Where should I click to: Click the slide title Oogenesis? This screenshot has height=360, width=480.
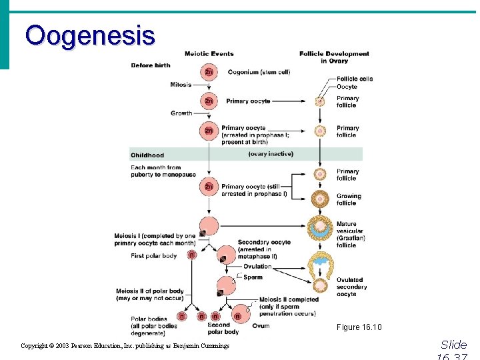pyautogui.click(x=90, y=35)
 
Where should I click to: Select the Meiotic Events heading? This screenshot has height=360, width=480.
pyautogui.click(x=209, y=53)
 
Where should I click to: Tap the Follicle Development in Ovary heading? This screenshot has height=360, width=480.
pyautogui.click(x=334, y=57)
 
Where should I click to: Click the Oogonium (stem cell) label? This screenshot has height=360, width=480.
pyautogui.click(x=259, y=72)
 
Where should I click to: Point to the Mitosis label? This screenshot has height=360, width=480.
pyautogui.click(x=181, y=85)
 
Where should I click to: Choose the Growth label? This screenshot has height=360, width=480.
pyautogui.click(x=181, y=113)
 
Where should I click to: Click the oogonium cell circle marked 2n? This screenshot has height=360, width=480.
pyautogui.click(x=209, y=72)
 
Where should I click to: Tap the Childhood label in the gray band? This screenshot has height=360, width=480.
pyautogui.click(x=147, y=155)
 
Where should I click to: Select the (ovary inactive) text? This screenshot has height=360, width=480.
pyautogui.click(x=271, y=154)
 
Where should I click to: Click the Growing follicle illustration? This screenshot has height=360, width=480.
pyautogui.click(x=321, y=199)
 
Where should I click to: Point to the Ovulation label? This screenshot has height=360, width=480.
pyautogui.click(x=257, y=267)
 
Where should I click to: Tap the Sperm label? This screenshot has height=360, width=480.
pyautogui.click(x=253, y=277)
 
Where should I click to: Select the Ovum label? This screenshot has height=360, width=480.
pyautogui.click(x=261, y=325)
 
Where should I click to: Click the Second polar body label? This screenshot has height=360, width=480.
pyautogui.click(x=223, y=328)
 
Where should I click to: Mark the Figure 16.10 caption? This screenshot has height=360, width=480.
pyautogui.click(x=359, y=327)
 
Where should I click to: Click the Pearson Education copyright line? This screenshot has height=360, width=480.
pyautogui.click(x=125, y=346)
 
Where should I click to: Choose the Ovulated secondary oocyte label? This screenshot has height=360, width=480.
pyautogui.click(x=351, y=287)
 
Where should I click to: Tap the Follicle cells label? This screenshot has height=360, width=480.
pyautogui.click(x=355, y=79)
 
